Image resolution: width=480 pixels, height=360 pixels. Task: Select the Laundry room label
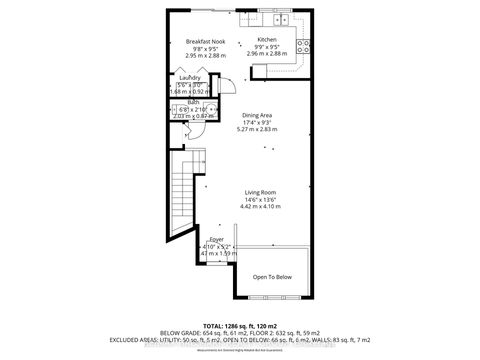[189, 77]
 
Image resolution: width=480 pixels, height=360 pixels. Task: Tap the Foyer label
[216, 240]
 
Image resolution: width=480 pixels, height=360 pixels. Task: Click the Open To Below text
[271, 277]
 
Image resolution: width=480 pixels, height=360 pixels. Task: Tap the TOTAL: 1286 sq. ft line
[239, 327]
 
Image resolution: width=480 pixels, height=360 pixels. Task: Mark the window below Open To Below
[271, 297]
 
